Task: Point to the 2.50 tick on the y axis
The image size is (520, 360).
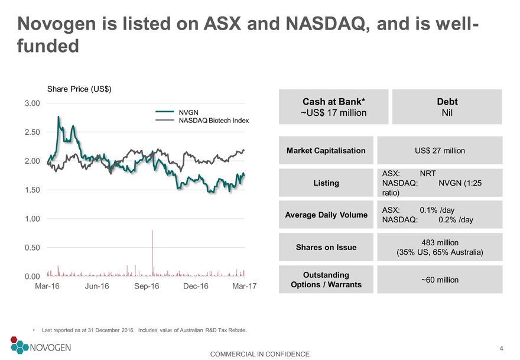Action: (x=32, y=132)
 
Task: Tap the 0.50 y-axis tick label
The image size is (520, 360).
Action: (x=32, y=248)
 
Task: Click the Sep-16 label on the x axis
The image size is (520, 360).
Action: (x=147, y=286)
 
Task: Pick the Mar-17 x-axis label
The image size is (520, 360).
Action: (x=245, y=286)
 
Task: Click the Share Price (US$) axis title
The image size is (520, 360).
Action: (x=79, y=89)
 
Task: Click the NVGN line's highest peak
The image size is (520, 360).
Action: (x=58, y=117)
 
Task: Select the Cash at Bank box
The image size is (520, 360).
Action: (x=334, y=107)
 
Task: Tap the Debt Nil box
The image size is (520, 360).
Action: (x=447, y=107)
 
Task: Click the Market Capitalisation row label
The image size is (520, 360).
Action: (x=326, y=150)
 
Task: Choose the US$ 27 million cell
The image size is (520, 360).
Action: (x=440, y=150)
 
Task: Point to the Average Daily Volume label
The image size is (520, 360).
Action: (x=326, y=215)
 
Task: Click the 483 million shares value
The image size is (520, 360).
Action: (x=440, y=242)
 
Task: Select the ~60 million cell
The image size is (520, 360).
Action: (x=440, y=280)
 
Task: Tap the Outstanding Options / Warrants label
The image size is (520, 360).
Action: (x=326, y=280)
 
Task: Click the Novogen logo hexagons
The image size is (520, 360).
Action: (x=19, y=345)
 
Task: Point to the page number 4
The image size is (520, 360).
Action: (x=501, y=348)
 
